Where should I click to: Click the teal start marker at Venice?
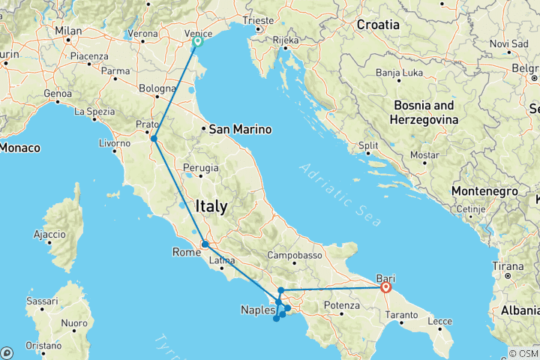coord(197,43)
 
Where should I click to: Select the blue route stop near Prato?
coord(154,138)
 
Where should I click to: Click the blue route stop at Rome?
coord(204,244)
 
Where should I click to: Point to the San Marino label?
coord(240,128)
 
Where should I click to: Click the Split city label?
coord(367,146)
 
